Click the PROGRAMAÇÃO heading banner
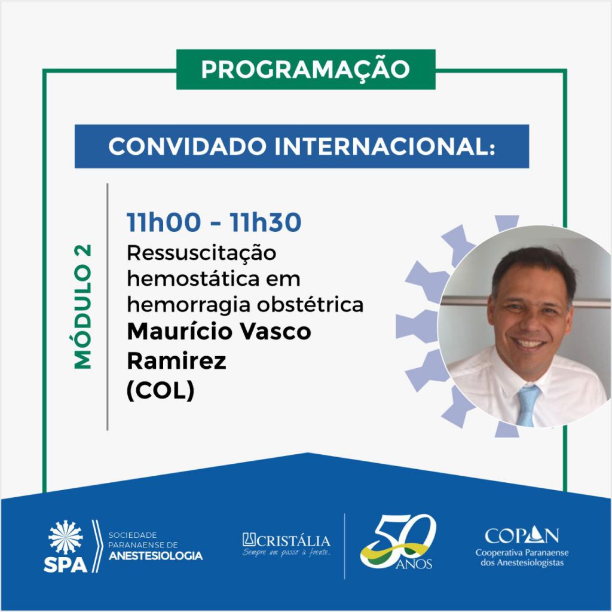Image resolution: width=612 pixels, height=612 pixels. tap(305, 69)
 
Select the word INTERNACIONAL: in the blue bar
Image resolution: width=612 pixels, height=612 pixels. tap(385, 147)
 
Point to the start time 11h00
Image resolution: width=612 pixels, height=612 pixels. tap(164, 222)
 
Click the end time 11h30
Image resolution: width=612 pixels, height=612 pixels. tap(265, 222)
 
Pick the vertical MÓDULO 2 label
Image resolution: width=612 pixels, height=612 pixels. tap(83, 307)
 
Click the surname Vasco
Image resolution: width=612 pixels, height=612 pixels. tap(275, 332)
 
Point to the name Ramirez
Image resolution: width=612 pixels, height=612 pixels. tap(176, 360)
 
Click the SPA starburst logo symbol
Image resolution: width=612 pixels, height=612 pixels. tap(66, 537)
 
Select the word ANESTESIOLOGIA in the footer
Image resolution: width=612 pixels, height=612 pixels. tap(155, 556)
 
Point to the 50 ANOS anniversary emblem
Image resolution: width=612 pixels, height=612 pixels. tap(397, 541)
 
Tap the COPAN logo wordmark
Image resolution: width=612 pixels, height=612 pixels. tap(521, 535)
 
